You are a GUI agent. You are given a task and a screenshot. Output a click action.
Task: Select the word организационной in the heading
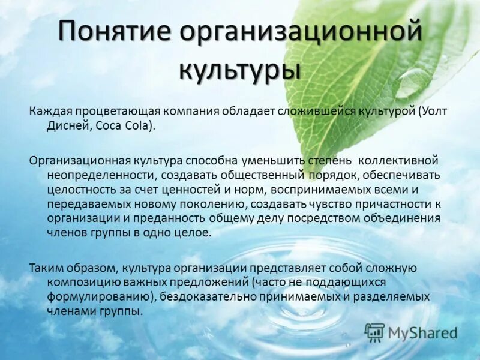(300, 32)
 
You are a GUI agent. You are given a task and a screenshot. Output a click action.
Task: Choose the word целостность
(76, 190)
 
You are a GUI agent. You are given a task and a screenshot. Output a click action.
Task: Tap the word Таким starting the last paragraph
(44, 268)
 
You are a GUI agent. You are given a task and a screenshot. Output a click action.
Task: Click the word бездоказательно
(208, 296)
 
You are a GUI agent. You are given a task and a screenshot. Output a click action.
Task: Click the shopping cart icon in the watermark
(374, 332)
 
